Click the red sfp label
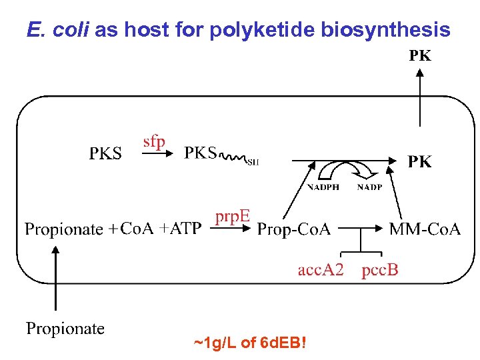(x=155, y=142)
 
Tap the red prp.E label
(x=233, y=217)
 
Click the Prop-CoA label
(x=294, y=230)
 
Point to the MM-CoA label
(x=425, y=230)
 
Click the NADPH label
(x=323, y=187)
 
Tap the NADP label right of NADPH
(x=369, y=187)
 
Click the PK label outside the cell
(x=419, y=56)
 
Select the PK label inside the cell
(x=419, y=161)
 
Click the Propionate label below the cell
(x=65, y=328)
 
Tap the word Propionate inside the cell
(x=64, y=230)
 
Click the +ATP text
(x=179, y=229)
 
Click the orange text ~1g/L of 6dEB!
(x=250, y=344)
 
